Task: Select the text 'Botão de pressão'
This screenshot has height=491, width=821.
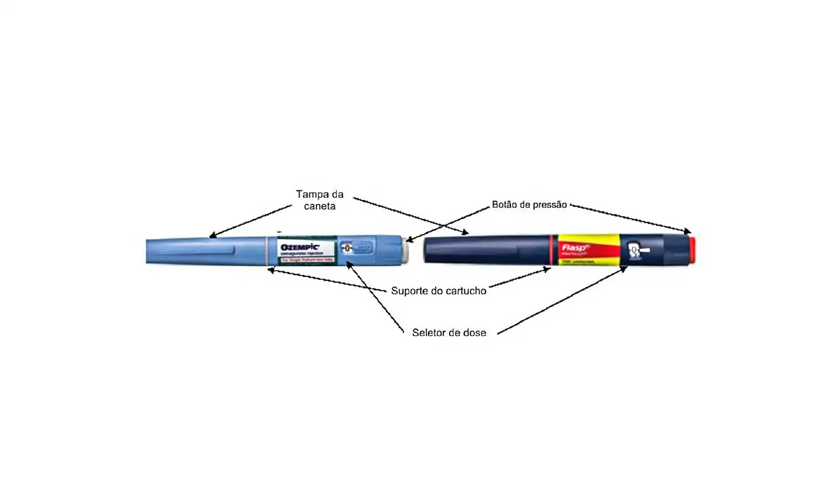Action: pos(530,205)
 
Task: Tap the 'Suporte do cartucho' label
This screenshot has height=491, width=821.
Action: pos(439,290)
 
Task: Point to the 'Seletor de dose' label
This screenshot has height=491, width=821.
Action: pos(449,332)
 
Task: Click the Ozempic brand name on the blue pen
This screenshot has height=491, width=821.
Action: pos(300,248)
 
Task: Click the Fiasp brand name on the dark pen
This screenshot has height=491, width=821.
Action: pos(573,247)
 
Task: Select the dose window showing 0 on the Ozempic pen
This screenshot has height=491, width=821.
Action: pos(347,248)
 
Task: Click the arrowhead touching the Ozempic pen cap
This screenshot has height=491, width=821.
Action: pos(213,236)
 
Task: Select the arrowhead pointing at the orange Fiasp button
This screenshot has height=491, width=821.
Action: pos(687,230)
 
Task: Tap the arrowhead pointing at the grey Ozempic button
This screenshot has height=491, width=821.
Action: pos(409,241)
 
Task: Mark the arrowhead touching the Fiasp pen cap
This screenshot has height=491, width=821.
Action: pos(465,231)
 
